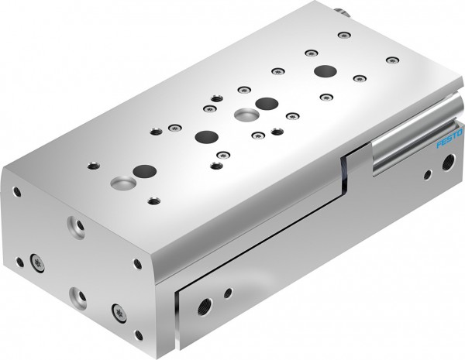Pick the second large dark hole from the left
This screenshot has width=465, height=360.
(x=206, y=138)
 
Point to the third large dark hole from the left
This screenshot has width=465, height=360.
(x=267, y=103)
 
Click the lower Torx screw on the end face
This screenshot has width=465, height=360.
(x=120, y=313)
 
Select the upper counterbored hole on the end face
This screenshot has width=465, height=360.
(x=77, y=226)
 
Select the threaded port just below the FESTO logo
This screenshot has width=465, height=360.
(x=446, y=164)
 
